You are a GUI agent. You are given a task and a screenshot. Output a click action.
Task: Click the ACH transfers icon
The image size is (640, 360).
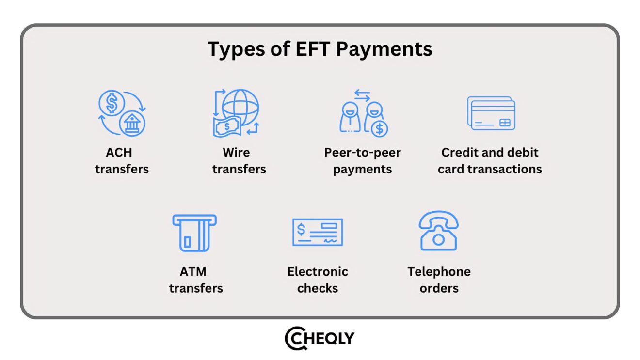coord(122,113)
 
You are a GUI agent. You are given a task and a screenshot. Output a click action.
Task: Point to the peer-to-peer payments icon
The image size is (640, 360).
coord(363,113)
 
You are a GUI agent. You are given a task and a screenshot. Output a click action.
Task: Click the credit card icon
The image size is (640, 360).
coord(491,113)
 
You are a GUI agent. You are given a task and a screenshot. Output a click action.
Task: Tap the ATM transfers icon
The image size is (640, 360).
coord(194,233)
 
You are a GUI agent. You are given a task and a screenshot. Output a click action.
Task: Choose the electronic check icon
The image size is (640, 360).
coord(318,232)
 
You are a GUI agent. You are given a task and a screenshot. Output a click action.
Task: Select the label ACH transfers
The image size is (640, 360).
coord(122,161)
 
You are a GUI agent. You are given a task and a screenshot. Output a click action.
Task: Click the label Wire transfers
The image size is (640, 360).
coord(239,161)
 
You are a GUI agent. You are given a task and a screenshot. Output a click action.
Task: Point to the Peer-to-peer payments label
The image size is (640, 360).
coord(363,161)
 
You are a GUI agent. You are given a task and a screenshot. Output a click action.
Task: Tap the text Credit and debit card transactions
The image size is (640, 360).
coord(490,161)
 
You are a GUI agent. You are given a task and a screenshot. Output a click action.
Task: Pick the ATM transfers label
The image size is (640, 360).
coord(195,280)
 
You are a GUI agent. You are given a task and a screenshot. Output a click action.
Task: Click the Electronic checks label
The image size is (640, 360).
coord(318,280)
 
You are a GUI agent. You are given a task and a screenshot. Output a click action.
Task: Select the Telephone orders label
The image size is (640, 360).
coord(439,280)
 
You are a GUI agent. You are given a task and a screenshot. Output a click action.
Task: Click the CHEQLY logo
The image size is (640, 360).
coord(320,338)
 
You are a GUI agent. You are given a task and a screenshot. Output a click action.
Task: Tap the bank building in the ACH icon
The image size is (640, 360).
coord(132,124)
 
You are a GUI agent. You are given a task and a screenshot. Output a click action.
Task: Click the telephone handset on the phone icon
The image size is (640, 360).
coord(438,219)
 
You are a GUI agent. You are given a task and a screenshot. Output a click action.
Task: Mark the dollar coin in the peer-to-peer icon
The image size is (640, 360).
coord(379,128)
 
